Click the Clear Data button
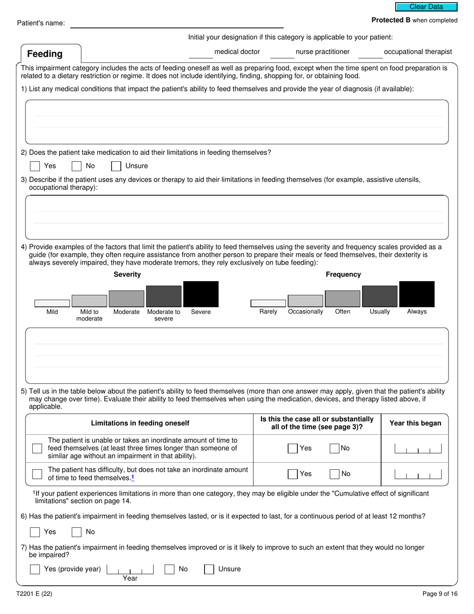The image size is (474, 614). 426,7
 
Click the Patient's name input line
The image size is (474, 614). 177,23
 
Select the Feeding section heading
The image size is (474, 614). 45,54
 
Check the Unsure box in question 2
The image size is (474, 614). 116,166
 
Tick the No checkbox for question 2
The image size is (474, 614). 76,166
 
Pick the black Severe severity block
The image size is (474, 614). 201,294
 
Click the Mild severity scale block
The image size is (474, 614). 52,303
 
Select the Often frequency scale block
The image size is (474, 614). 342,299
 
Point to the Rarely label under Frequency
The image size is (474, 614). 268,311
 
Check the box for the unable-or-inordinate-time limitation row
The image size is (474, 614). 37,448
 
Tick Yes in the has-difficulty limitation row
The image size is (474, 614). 293,474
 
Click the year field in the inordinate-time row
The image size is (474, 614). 418,448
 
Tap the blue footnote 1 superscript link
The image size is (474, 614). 133,477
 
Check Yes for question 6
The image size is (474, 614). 35,532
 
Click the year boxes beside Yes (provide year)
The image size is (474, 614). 130,569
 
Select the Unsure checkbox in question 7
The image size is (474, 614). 210,569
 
